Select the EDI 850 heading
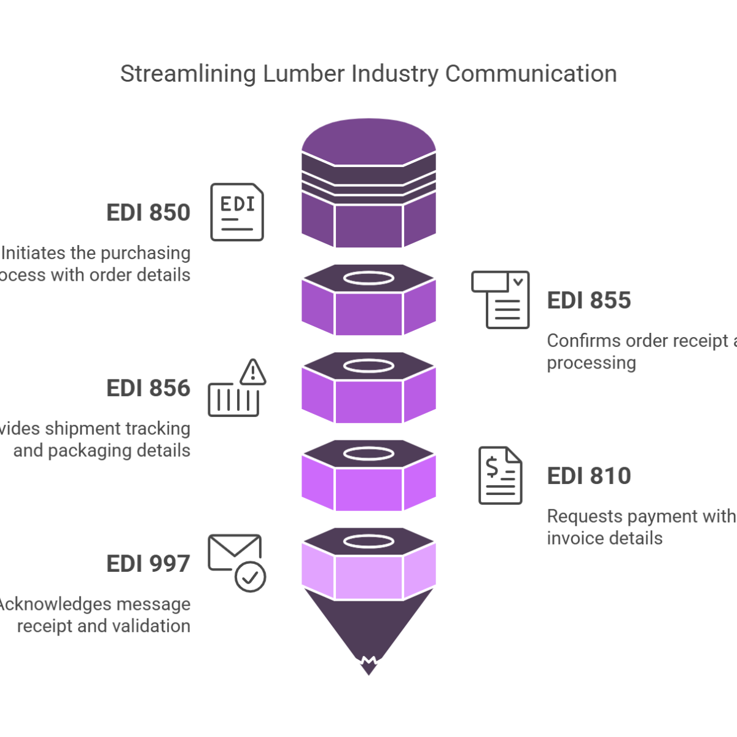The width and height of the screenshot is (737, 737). point(148,213)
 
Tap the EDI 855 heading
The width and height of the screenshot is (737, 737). point(589,301)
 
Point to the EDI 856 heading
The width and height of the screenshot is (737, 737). point(148,389)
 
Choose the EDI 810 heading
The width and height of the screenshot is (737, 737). point(589,477)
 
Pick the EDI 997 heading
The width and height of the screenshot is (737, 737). point(148,564)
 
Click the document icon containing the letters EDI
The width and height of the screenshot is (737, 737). point(237,212)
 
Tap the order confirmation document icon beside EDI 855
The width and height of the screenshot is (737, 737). point(501,299)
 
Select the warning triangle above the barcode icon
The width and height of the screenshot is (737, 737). point(253,372)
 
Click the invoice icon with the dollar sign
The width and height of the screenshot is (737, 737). point(501,475)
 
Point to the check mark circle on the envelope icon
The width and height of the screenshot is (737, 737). point(251,577)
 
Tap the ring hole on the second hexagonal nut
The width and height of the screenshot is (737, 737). point(368,278)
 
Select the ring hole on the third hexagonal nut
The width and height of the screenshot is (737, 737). point(368,366)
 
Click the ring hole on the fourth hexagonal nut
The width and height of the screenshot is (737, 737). point(368,454)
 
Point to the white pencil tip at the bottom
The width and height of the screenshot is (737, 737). point(368,667)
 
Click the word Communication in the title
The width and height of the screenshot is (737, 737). point(531,74)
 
